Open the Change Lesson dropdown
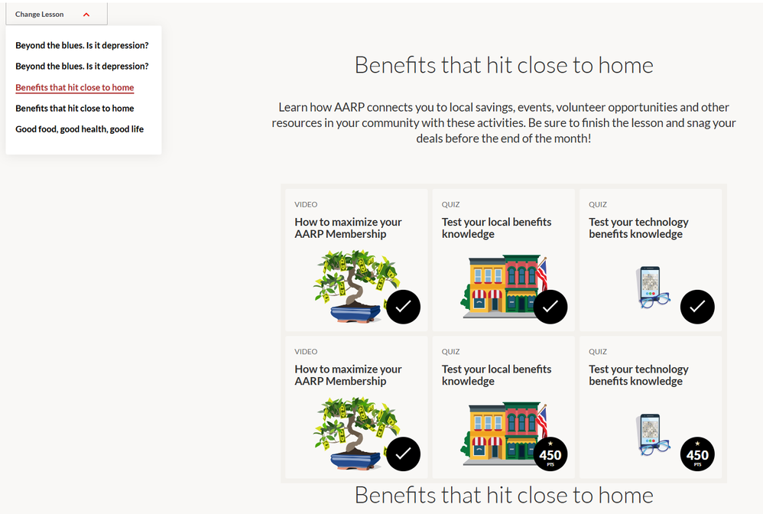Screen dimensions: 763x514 click(x=57, y=14)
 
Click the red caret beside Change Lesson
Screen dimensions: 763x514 click(x=86, y=15)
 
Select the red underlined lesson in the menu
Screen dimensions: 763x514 click(x=74, y=88)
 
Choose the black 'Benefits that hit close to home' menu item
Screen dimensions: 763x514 click(x=74, y=108)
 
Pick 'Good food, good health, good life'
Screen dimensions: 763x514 click(x=80, y=129)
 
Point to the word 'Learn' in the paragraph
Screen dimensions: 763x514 click(x=293, y=107)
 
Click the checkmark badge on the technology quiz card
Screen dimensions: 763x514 click(x=697, y=307)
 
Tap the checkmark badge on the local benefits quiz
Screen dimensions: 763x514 click(x=550, y=307)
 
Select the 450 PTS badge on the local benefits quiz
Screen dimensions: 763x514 click(x=550, y=454)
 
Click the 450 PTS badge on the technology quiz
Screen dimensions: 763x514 click(x=697, y=454)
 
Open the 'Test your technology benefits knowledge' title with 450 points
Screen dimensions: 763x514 click(x=638, y=375)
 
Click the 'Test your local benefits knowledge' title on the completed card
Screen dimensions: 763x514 click(x=496, y=228)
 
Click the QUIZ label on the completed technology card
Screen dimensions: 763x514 click(x=598, y=204)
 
